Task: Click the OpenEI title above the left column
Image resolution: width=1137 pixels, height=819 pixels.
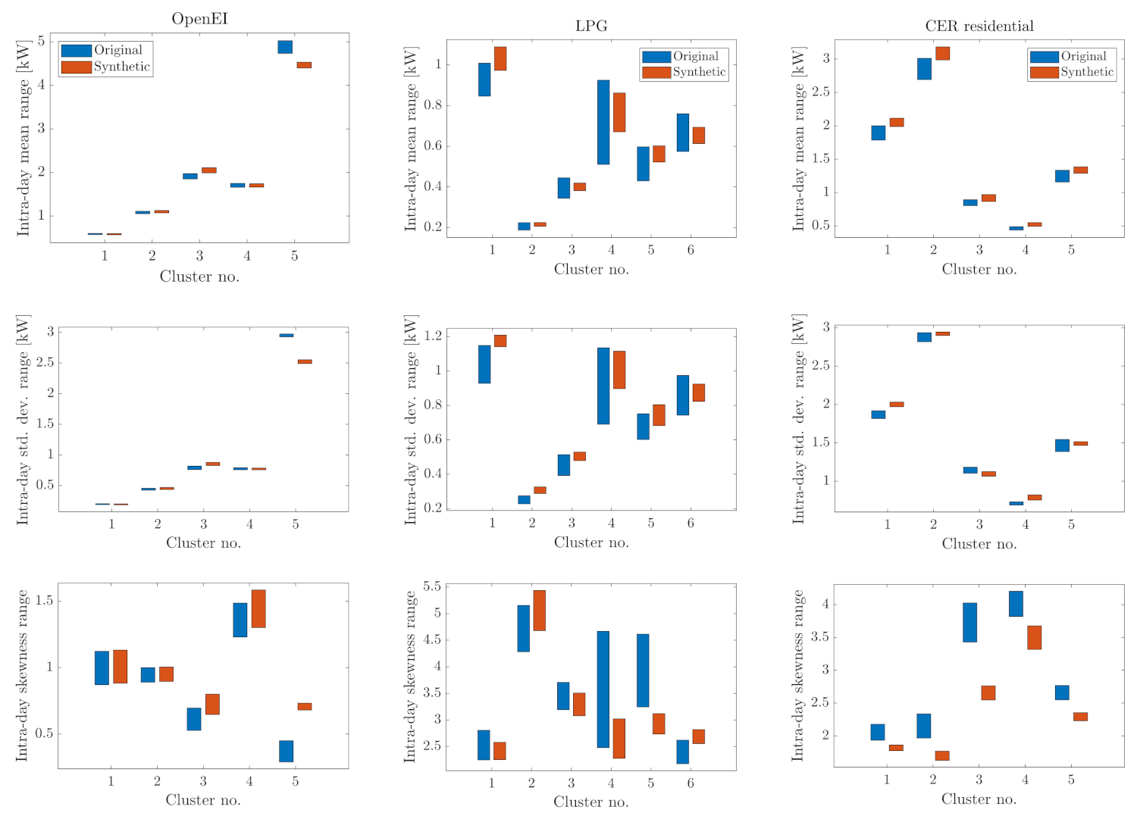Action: pyautogui.click(x=199, y=19)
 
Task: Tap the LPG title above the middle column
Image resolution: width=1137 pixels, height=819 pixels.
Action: pyautogui.click(x=591, y=26)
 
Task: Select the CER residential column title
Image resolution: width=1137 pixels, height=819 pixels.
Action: pyautogui.click(x=979, y=26)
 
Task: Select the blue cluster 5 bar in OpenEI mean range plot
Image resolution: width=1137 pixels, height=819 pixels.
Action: pyautogui.click(x=285, y=47)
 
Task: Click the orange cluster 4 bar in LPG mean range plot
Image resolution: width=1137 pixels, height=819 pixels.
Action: pyautogui.click(x=619, y=112)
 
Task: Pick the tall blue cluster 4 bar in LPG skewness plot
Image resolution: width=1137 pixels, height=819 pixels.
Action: pyautogui.click(x=603, y=689)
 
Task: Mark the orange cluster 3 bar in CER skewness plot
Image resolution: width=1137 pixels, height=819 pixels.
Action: pyautogui.click(x=988, y=692)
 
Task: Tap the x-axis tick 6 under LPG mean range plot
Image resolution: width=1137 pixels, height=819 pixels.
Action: pyautogui.click(x=691, y=249)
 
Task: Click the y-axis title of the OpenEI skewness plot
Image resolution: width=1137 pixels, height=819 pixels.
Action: pyautogui.click(x=23, y=675)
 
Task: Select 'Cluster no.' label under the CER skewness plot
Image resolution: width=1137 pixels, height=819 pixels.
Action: pyautogui.click(x=979, y=799)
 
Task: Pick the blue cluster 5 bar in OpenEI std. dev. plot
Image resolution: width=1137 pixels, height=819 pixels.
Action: pyautogui.click(x=287, y=335)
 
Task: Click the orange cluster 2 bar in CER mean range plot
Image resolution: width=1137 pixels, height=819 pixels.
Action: pyautogui.click(x=942, y=53)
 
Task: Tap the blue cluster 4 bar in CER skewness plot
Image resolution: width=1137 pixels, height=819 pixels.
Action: pyautogui.click(x=1016, y=604)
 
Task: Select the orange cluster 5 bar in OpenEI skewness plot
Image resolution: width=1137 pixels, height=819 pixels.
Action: pyautogui.click(x=304, y=706)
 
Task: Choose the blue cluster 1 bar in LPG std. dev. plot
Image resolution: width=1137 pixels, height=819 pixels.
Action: pyautogui.click(x=484, y=364)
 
